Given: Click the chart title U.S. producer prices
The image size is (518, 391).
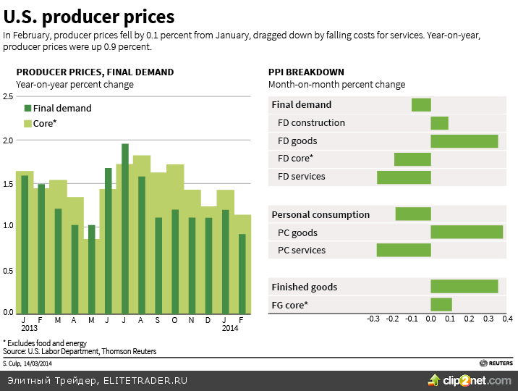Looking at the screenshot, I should [89, 16].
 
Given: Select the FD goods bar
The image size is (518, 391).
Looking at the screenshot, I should [464, 140].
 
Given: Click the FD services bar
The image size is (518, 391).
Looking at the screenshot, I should [404, 177].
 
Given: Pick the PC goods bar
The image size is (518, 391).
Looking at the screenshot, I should [467, 232].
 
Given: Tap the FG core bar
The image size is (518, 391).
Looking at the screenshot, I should [441, 305].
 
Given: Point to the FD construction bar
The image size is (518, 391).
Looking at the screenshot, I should [439, 123].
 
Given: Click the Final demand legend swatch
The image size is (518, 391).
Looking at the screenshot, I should [27, 109].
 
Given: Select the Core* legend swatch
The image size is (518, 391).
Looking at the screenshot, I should [27, 124].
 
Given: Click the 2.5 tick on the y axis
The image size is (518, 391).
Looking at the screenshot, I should [8, 96].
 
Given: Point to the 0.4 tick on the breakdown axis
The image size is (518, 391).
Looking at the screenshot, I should [507, 319].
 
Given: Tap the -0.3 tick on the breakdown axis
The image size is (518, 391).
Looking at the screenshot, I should [373, 319].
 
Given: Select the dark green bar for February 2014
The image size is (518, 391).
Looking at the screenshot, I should [242, 273].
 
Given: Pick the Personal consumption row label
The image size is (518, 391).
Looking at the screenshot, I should [320, 214].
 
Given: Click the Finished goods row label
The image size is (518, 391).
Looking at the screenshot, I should [304, 287].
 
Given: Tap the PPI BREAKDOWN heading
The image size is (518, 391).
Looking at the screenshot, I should [306, 72].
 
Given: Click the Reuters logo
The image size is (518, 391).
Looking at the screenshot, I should [496, 363].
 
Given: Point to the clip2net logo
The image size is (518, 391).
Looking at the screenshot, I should [470, 380].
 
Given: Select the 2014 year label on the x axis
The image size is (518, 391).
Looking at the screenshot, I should [230, 328].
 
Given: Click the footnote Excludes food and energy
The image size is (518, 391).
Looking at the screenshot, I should [45, 342].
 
